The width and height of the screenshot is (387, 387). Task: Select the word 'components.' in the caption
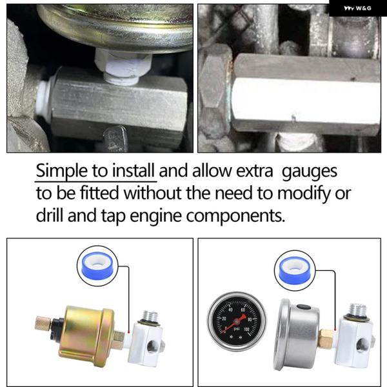[235, 216]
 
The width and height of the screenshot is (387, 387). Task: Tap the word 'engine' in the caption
[155, 216]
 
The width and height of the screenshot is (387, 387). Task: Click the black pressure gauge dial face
[237, 321]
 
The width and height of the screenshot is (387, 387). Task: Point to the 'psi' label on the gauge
[237, 329]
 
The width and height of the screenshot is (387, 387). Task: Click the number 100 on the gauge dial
[246, 329]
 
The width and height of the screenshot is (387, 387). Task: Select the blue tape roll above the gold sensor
[97, 265]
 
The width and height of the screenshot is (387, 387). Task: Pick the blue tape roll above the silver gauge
[295, 270]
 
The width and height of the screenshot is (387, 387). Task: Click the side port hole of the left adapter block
[151, 346]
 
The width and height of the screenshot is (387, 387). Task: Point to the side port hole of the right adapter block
[361, 345]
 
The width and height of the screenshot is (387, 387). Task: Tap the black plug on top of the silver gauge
[303, 307]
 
